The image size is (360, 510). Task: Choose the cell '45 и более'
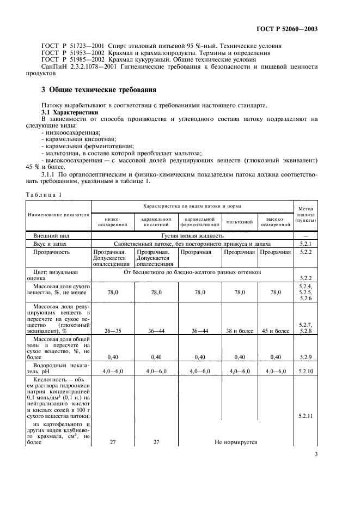coord(275,331)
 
